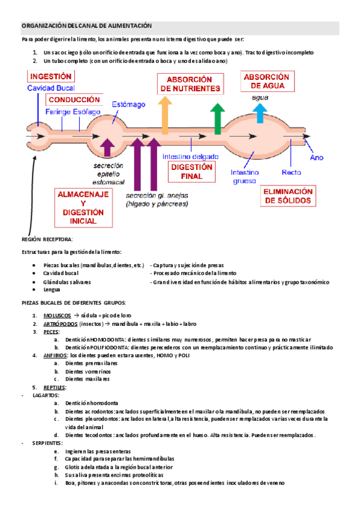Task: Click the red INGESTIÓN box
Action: tap(51, 77)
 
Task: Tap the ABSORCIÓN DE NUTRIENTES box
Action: tap(189, 84)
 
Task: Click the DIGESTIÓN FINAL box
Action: tap(193, 171)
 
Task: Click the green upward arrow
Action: tap(217, 118)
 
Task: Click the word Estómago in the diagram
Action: tap(128, 104)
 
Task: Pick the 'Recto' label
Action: tap(291, 172)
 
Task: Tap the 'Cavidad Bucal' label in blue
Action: tap(51, 88)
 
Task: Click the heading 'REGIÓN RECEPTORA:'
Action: tap(47, 239)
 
